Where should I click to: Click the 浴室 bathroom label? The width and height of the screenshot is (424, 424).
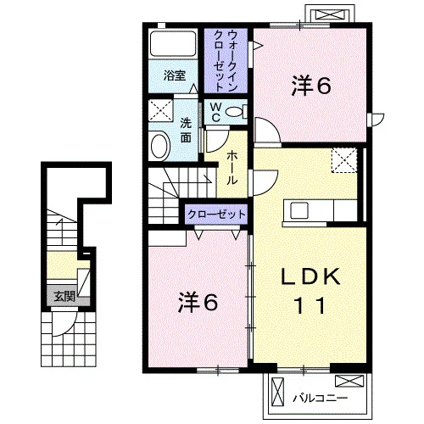(x=175, y=75)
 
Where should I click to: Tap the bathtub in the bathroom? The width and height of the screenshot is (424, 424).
(x=173, y=43)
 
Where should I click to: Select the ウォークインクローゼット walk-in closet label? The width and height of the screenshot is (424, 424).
(x=226, y=60)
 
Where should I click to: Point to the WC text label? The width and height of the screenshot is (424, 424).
(x=216, y=112)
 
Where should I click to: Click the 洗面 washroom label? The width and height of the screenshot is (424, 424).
(x=186, y=130)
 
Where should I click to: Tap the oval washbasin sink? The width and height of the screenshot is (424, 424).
(x=160, y=147)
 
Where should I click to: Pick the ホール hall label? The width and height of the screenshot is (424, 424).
(x=232, y=168)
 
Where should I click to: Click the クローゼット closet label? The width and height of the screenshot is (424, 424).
(x=216, y=215)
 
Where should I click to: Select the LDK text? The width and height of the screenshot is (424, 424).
(x=310, y=276)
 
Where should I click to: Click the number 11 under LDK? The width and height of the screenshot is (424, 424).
(x=310, y=306)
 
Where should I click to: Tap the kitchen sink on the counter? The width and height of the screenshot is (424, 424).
(x=299, y=210)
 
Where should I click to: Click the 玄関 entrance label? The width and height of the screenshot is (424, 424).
(x=64, y=297)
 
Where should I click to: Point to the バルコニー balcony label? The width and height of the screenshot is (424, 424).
(x=320, y=399)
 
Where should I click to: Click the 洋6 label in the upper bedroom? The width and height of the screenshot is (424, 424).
(x=311, y=86)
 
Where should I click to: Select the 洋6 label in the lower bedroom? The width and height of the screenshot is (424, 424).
(x=198, y=303)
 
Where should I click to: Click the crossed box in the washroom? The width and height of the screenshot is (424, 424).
(x=160, y=110)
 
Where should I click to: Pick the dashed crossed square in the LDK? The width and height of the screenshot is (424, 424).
(x=344, y=160)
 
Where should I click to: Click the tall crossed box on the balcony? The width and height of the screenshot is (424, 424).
(x=277, y=392)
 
